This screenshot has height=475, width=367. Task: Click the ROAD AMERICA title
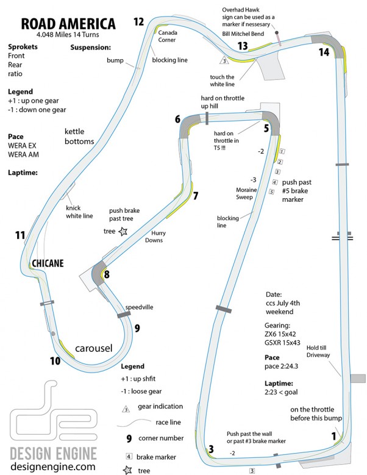pyautogui.click(x=68, y=24)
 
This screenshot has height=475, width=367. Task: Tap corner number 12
pyautogui.click(x=139, y=22)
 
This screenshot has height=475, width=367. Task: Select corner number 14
pyautogui.click(x=324, y=52)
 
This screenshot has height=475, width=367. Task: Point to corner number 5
pyautogui.click(x=266, y=128)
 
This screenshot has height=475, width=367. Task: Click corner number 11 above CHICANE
pyautogui.click(x=20, y=235)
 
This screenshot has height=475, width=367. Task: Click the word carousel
pyautogui.click(x=94, y=348)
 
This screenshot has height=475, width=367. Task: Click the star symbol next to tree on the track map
pyautogui.click(x=124, y=231)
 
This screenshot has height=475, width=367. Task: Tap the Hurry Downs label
pyautogui.click(x=157, y=236)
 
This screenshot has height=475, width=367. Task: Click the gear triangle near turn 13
pyautogui.click(x=224, y=61)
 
